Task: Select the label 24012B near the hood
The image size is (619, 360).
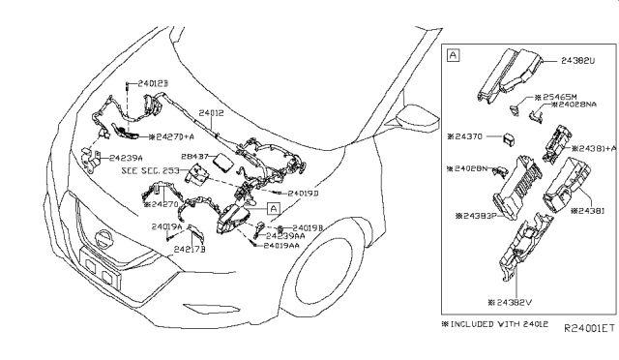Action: (x=152, y=85)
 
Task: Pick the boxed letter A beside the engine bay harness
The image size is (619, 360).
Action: (x=274, y=207)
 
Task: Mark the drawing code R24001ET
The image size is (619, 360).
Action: (x=585, y=329)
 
